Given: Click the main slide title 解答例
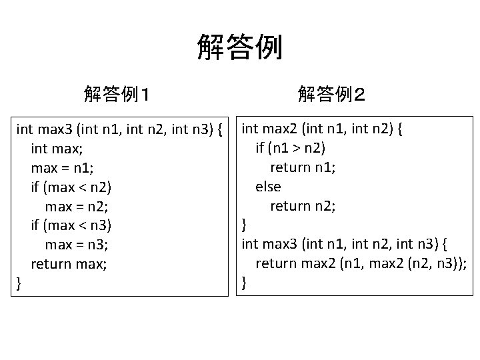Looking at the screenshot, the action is (240, 48).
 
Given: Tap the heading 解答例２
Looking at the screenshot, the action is (331, 94).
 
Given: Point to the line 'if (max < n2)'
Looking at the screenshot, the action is (71, 186).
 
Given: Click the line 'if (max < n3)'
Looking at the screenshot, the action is (71, 225).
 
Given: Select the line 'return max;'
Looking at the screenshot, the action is (69, 264).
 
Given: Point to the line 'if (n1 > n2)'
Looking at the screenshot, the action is (291, 147).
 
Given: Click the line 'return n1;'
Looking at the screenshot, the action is (303, 167).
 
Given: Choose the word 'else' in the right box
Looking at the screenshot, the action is (268, 186).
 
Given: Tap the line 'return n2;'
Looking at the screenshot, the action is (303, 206).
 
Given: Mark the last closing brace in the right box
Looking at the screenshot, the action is (244, 283).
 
